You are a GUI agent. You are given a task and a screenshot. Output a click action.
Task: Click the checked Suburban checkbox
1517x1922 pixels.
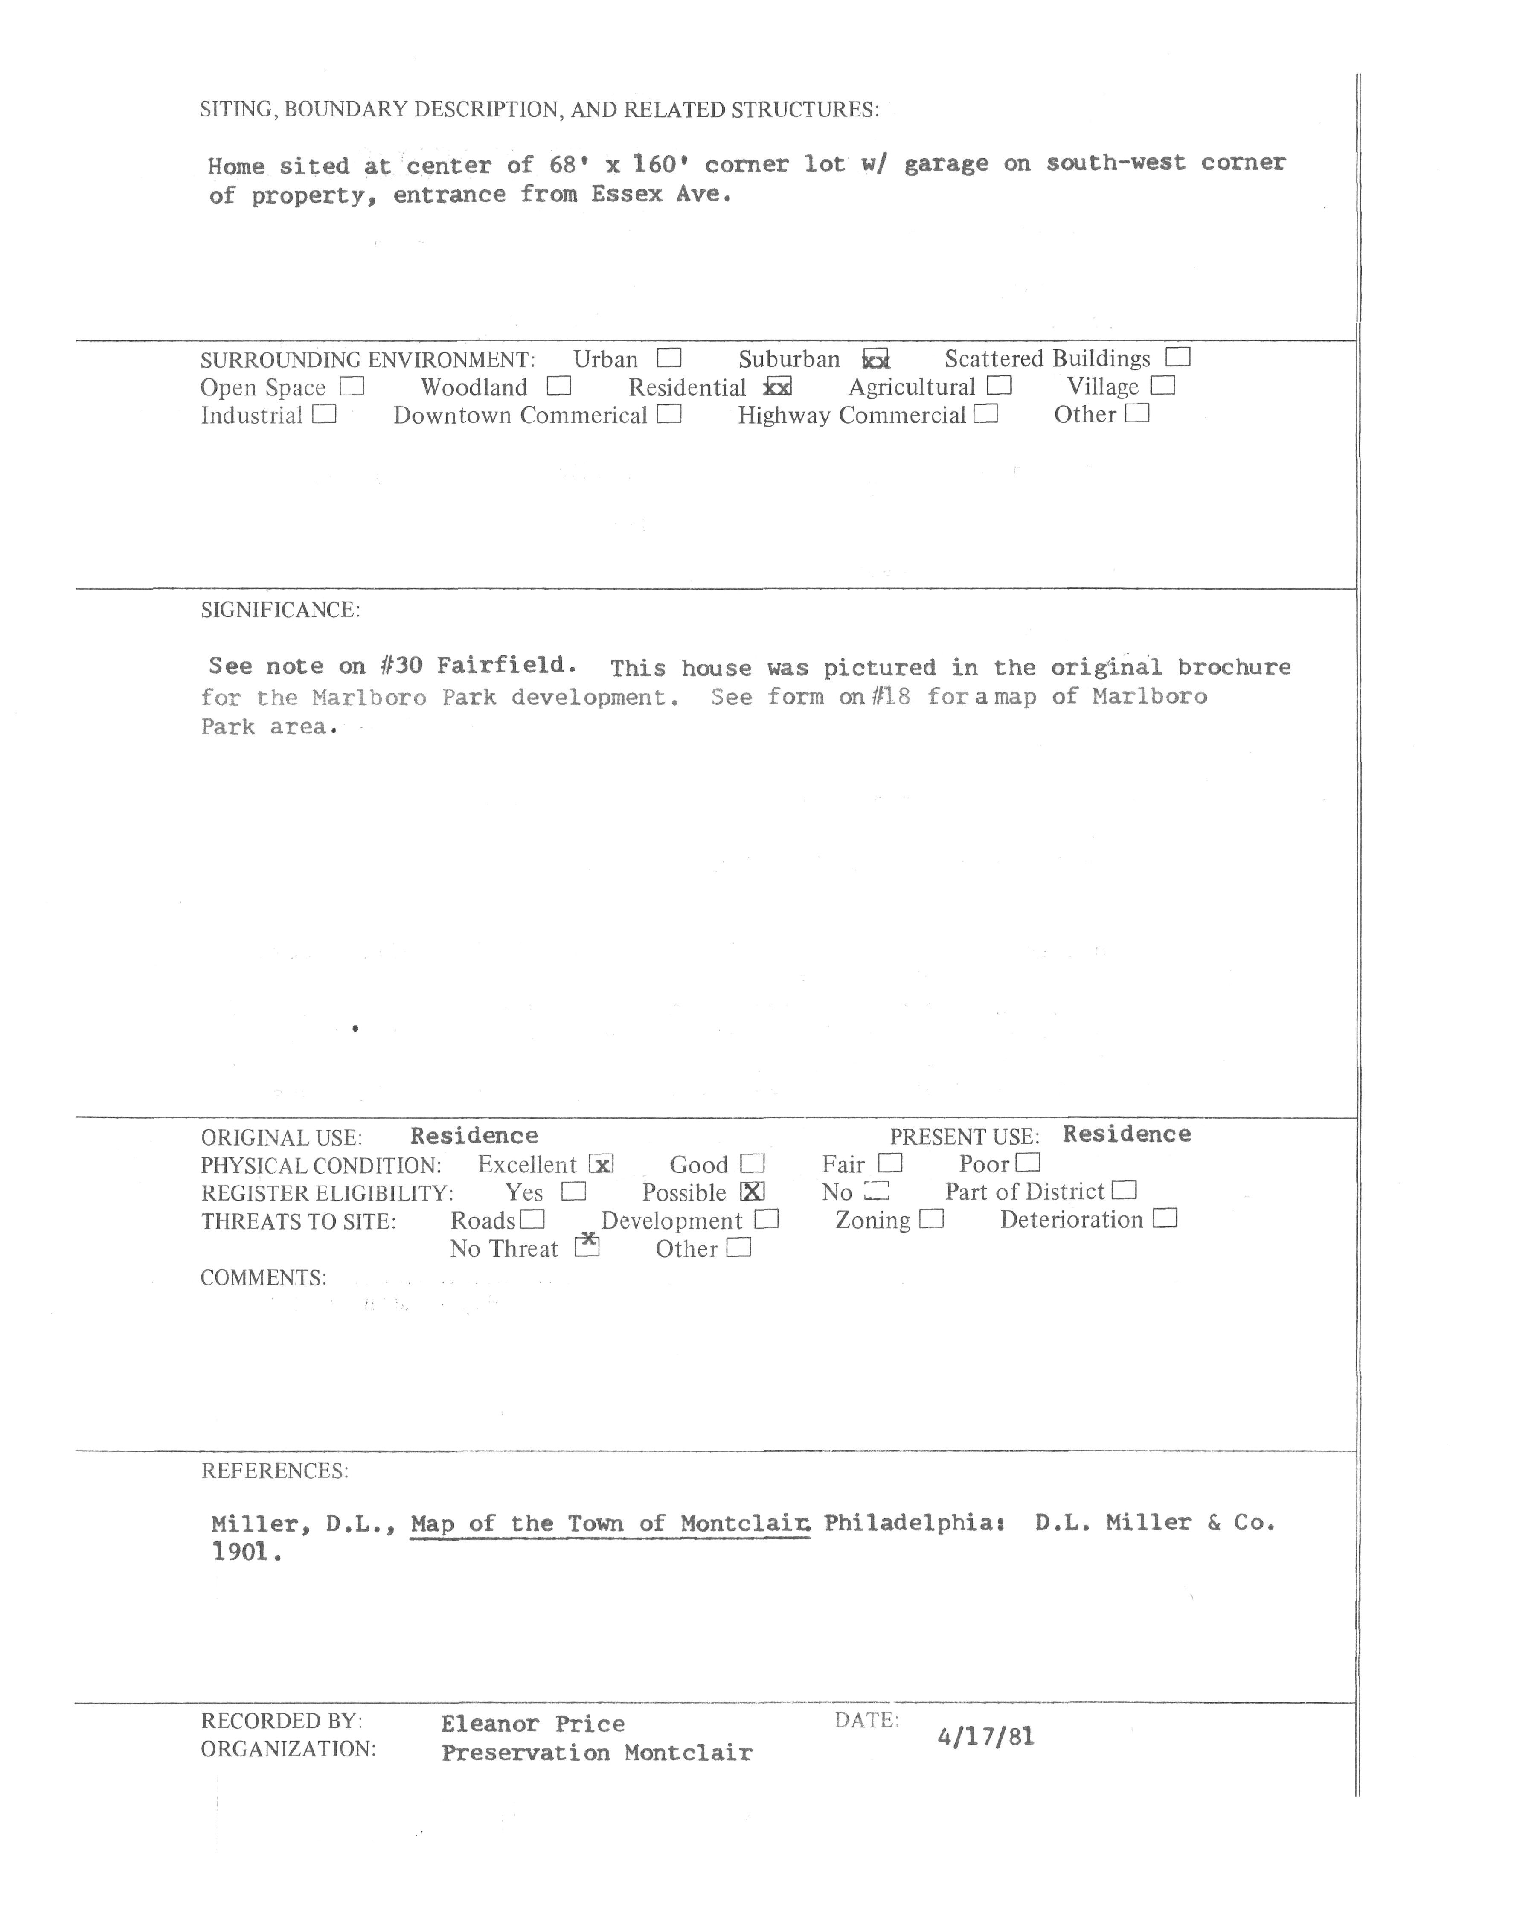click(x=876, y=360)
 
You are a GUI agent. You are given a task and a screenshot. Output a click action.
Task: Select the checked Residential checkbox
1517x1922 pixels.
click(x=778, y=387)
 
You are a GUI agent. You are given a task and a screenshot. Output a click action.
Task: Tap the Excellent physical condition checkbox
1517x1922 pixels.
click(x=601, y=1164)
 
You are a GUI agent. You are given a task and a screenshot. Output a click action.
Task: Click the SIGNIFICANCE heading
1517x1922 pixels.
click(x=280, y=610)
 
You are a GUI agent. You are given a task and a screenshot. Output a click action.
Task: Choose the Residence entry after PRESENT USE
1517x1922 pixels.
click(x=1126, y=1134)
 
